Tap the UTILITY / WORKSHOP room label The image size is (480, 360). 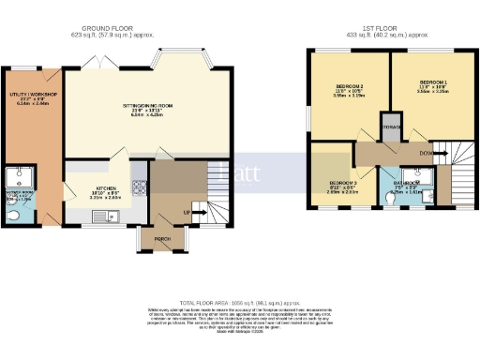pos(34,95)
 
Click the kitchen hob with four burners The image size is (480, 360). pos(140,186)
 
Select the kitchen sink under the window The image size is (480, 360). pos(101,217)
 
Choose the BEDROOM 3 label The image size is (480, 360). pos(339,183)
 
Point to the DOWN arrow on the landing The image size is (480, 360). pos(427,153)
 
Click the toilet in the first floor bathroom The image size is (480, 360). pos(391,199)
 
